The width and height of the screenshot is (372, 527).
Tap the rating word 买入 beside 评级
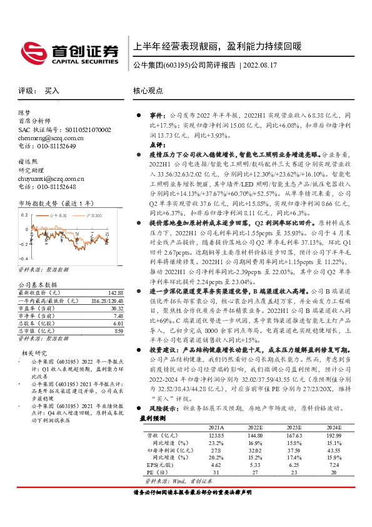(x=52, y=91)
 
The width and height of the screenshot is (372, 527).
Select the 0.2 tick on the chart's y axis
(x=23, y=214)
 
